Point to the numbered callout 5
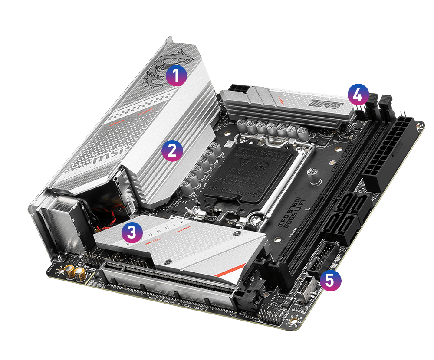click(x=330, y=280)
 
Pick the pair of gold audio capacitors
click(x=75, y=273)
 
